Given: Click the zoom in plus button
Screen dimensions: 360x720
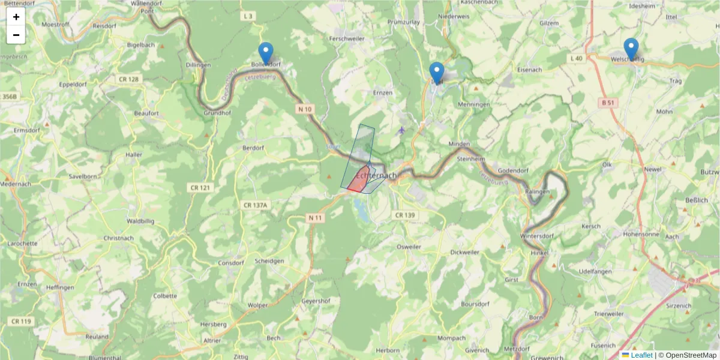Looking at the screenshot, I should click(16, 17).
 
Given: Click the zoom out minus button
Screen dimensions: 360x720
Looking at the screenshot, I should click(16, 35).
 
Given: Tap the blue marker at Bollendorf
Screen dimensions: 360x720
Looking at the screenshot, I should click(265, 53).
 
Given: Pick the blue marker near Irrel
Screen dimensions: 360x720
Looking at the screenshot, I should click(437, 72).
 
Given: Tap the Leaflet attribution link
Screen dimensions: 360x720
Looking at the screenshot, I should click(641, 355).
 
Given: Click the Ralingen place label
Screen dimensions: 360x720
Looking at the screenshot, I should click(537, 192).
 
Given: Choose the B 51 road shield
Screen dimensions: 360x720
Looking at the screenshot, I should click(608, 103).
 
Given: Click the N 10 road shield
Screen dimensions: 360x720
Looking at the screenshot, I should click(304, 109).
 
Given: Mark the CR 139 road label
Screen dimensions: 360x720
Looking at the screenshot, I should click(404, 215).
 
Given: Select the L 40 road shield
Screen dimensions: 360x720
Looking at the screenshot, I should click(576, 58).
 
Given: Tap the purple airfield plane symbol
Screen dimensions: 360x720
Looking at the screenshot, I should click(401, 130).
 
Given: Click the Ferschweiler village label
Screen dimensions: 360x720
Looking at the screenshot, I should click(343, 38).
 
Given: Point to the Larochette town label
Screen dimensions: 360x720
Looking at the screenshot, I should click(23, 244).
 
